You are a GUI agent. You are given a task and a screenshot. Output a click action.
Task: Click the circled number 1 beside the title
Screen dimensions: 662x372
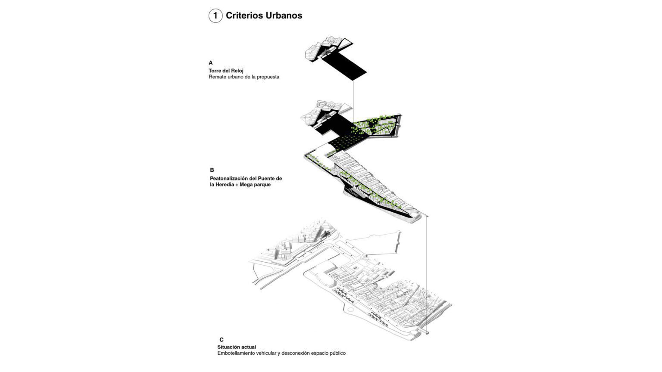coord(215,15)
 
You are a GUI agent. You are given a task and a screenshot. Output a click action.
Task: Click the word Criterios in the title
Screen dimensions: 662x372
coord(244,15)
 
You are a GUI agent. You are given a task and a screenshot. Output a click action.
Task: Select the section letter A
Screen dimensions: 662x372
coord(211,62)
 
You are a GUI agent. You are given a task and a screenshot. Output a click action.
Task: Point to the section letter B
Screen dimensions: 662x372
coord(212,170)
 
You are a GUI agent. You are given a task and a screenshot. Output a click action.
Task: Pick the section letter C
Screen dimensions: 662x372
coord(222,340)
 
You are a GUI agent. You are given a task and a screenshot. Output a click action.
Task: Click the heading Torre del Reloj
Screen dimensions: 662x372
coord(226,71)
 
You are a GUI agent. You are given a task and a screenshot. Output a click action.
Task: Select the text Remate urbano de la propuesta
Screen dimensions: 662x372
coord(244,77)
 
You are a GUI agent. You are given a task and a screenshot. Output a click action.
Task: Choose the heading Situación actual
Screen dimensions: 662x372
coord(237,347)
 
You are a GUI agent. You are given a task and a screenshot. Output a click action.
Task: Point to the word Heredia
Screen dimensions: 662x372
coord(226,185)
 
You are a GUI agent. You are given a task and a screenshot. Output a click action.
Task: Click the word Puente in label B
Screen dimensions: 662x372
coord(266,179)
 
